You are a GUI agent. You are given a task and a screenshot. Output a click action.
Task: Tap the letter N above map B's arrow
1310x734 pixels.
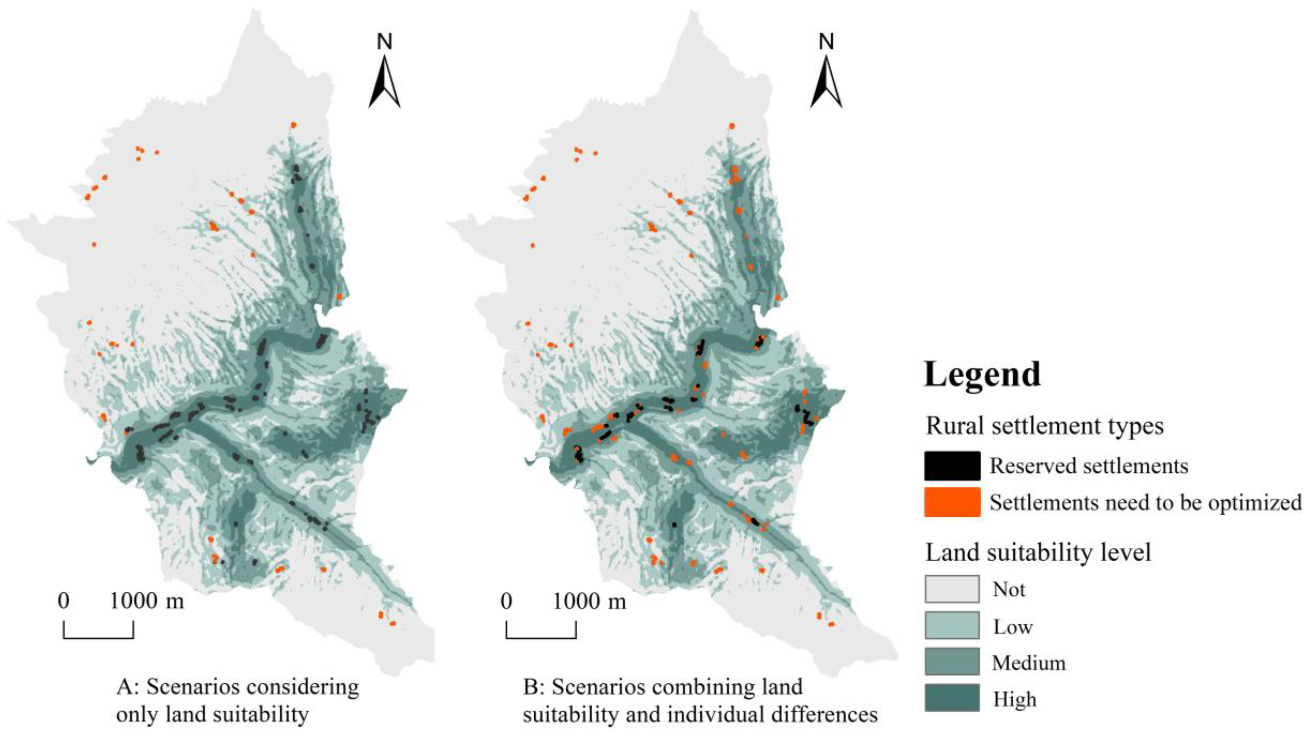(826, 42)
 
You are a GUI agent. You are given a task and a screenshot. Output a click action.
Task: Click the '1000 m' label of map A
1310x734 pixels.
(146, 601)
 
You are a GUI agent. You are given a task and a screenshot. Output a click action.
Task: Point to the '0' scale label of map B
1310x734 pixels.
(506, 601)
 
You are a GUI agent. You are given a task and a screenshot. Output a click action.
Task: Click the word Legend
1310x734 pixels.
(982, 375)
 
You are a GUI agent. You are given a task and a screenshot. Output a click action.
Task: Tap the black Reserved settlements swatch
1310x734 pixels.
(952, 466)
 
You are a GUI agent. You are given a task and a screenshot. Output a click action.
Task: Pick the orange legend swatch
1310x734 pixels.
(952, 502)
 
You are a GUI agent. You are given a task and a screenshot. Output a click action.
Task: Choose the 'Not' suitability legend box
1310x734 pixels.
(952, 589)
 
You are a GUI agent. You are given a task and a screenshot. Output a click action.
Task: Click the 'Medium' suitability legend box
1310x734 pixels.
(952, 662)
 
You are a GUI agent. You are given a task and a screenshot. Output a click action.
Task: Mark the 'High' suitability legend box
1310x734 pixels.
(952, 698)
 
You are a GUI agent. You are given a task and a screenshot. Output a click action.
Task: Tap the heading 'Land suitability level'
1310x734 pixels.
(1038, 552)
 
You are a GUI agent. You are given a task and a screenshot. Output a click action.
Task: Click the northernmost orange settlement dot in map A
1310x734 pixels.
(293, 125)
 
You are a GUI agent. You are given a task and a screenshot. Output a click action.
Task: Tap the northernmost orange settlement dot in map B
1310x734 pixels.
(732, 126)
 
